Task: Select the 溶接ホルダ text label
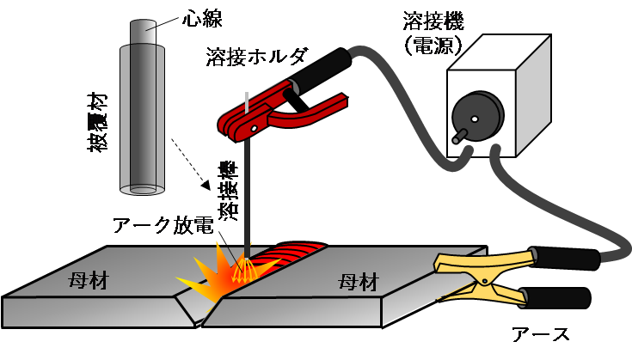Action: coord(254,57)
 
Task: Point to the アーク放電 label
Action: coord(163,227)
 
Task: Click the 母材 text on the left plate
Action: coord(88,281)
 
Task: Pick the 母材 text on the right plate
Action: coord(358,281)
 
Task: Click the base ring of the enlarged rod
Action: coord(143,189)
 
